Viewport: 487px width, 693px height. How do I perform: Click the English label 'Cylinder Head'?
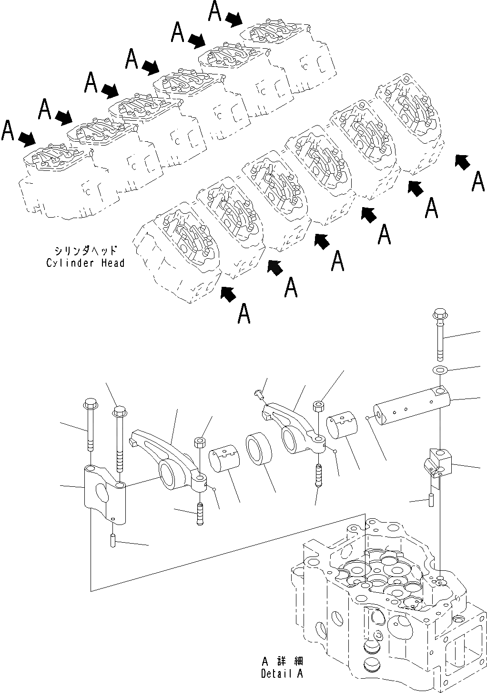click(85, 263)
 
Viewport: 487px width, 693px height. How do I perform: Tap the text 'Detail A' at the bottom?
click(282, 673)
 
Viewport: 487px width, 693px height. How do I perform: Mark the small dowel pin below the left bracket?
click(113, 542)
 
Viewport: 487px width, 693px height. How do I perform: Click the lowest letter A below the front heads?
click(244, 314)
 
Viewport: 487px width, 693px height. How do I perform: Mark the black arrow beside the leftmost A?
click(27, 138)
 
